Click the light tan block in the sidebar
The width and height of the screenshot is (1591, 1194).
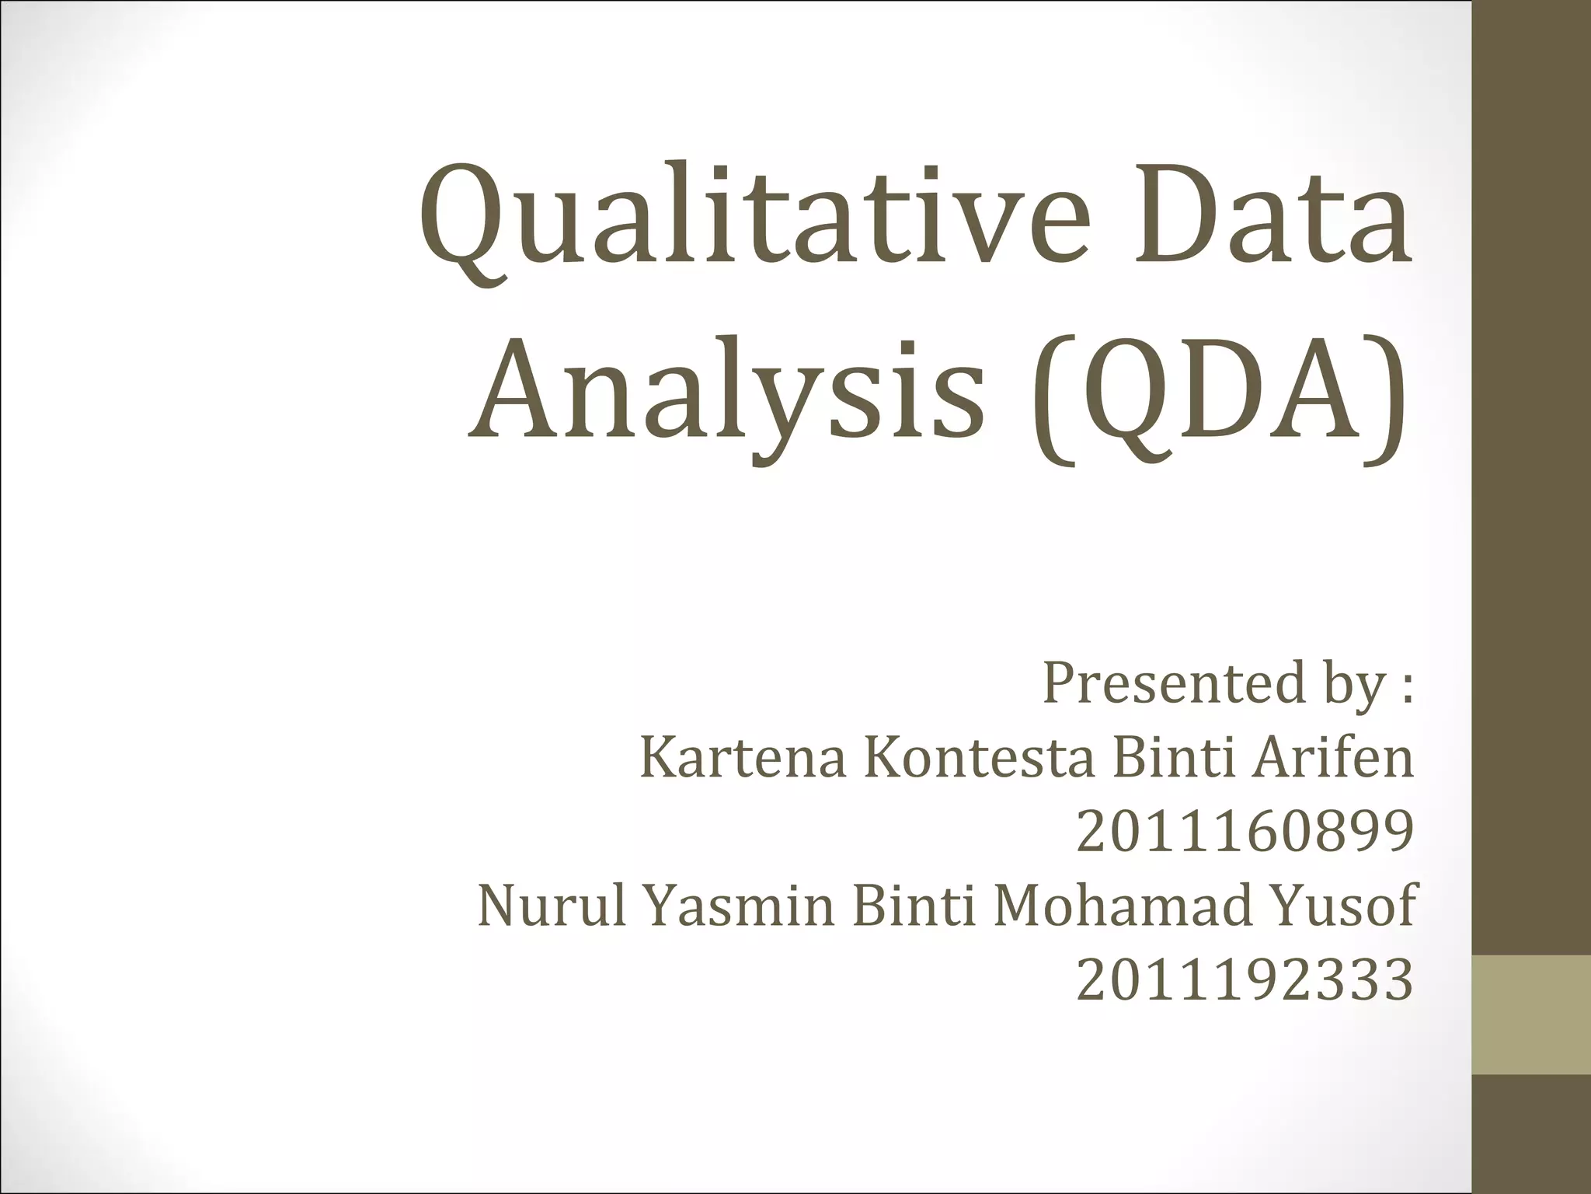click(x=1531, y=1015)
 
